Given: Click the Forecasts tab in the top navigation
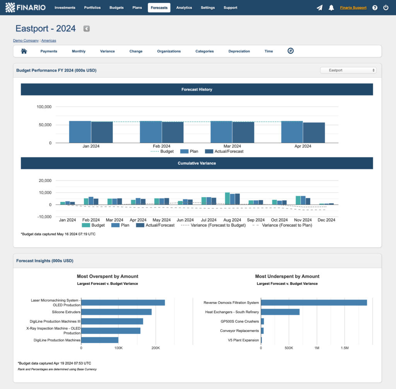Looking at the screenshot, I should tap(159, 8).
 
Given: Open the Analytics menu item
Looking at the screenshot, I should tap(184, 8).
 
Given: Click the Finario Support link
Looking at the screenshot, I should tap(353, 8).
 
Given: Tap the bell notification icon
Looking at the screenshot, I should tap(331, 8).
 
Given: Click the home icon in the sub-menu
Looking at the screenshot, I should tap(24, 51).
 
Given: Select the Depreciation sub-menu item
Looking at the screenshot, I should tap(239, 51).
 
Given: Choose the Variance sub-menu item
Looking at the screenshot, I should tap(107, 51).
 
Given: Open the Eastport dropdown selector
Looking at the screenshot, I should tap(348, 70).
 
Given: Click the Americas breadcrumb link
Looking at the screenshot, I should tap(49, 41).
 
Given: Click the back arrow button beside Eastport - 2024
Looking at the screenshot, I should tap(87, 29).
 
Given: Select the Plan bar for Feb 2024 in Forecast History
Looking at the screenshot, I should tap(151, 132).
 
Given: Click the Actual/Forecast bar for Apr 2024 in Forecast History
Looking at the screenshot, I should tap(314, 133).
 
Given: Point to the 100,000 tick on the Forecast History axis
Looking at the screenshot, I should tap(44, 107).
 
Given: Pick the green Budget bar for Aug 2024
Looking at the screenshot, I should tap(227, 199).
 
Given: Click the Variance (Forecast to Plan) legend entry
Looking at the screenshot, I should tap(282, 225).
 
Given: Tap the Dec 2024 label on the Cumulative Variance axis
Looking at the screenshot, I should tap(326, 220).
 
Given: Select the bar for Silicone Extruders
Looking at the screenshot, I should tap(116, 312).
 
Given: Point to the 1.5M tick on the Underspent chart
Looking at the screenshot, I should tap(345, 348).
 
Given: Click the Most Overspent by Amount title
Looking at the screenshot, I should tap(108, 276).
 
